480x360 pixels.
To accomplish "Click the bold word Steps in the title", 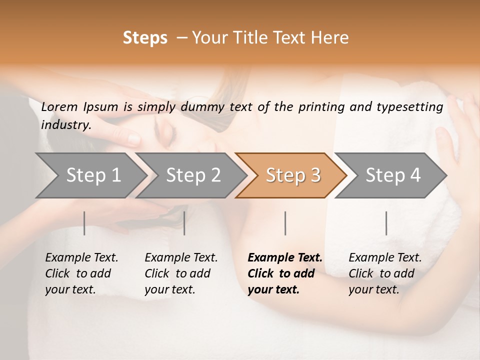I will pyautogui.click(x=145, y=38).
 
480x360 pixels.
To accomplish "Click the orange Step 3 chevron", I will pyautogui.click(x=293, y=175).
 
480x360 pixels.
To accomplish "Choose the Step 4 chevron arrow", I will pyautogui.click(x=393, y=175).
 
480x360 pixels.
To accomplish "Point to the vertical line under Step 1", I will pyautogui.click(x=84, y=223).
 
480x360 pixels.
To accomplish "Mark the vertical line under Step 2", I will pyautogui.click(x=184, y=223).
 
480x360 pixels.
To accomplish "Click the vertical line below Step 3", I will pyautogui.click(x=285, y=223).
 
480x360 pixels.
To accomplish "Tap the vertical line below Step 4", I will pyautogui.click(x=386, y=223).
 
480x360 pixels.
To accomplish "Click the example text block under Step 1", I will pyautogui.click(x=81, y=273).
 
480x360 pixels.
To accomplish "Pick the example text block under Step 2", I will pyautogui.click(x=181, y=273).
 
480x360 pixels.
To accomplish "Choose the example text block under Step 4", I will pyautogui.click(x=385, y=273).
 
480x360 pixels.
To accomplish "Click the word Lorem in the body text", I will pyautogui.click(x=59, y=107).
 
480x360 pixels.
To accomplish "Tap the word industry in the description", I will pyautogui.click(x=66, y=125).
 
